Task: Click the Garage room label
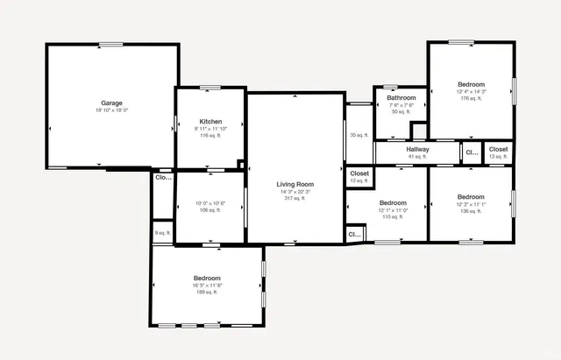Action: click(x=111, y=103)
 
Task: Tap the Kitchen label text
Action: click(x=210, y=122)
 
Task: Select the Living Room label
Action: click(x=295, y=184)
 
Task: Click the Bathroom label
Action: click(x=401, y=97)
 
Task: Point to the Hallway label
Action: click(x=417, y=149)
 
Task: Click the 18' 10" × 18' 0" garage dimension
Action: click(x=111, y=110)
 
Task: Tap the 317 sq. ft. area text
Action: click(x=295, y=198)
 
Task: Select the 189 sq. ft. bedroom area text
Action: click(x=207, y=292)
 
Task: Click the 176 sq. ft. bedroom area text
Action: click(x=471, y=98)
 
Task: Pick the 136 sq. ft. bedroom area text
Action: click(x=471, y=211)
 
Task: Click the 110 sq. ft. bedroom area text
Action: click(x=393, y=216)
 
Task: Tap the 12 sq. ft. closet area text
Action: click(x=359, y=180)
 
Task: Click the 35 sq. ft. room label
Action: click(x=359, y=135)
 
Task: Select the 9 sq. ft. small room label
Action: click(x=162, y=233)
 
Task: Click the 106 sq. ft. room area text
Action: click(x=209, y=210)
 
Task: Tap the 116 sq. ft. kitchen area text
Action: click(x=210, y=136)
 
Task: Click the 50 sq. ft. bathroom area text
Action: click(x=401, y=112)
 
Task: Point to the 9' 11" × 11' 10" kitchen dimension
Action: click(x=210, y=129)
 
